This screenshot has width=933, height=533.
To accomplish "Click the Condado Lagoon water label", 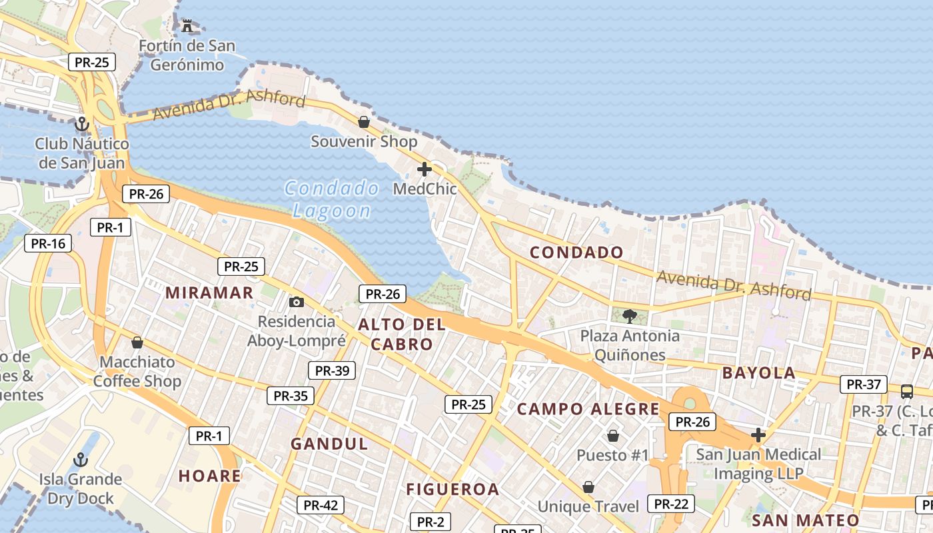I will tap(331, 199).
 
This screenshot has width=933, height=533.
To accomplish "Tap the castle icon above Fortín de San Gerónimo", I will tap(187, 26).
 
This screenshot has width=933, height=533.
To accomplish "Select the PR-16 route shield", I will tap(48, 243).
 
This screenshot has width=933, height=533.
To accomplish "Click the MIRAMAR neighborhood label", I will tap(209, 292).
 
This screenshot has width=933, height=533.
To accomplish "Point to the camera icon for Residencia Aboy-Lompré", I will tap(297, 302).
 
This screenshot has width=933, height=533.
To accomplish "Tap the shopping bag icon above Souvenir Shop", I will tap(364, 122).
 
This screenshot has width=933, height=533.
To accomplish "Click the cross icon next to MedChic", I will tap(425, 169).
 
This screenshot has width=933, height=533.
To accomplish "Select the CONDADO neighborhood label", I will tap(576, 253).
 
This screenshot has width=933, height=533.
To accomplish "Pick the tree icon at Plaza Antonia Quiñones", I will tap(629, 316).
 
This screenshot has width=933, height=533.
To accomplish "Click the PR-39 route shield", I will tap(332, 370).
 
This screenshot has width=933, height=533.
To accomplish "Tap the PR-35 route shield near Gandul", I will tap(291, 396).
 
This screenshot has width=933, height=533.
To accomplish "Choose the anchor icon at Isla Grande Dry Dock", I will tap(80, 460).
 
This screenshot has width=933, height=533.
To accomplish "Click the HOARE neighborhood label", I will tap(210, 476).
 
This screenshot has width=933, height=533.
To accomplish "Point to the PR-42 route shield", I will tap(321, 505).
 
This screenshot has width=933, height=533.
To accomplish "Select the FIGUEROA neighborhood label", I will tap(453, 490).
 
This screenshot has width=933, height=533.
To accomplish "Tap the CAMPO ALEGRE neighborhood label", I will tap(588, 409).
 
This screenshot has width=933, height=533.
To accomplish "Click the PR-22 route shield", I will tap(671, 504).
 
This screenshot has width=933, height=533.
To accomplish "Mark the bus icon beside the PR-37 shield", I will tap(906, 391).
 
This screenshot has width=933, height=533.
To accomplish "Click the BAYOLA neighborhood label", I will tap(759, 373).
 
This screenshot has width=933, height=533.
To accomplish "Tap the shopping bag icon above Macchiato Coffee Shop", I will tap(137, 342).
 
